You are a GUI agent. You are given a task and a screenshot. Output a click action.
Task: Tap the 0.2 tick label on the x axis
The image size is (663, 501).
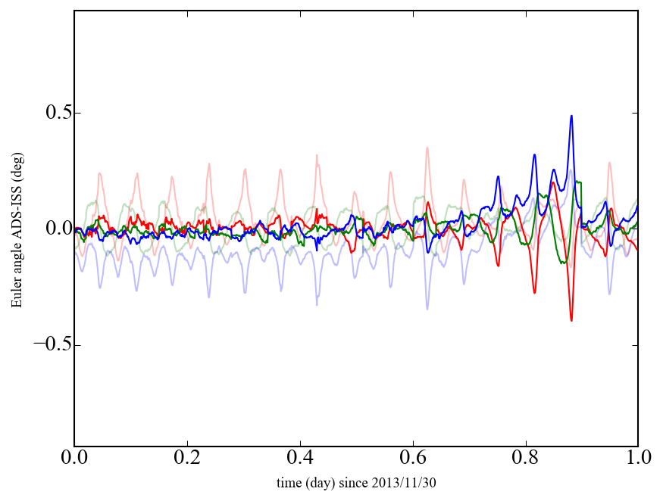[187, 459]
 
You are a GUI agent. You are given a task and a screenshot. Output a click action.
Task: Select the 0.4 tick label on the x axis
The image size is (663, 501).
[300, 459]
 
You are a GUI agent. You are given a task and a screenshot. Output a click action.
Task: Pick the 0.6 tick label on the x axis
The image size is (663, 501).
[413, 459]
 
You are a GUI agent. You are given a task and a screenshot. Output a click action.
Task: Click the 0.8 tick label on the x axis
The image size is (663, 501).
[526, 459]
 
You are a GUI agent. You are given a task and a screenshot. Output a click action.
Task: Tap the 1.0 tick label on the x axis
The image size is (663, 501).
[637, 459]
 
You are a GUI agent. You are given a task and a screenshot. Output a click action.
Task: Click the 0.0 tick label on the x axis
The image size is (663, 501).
[74, 459]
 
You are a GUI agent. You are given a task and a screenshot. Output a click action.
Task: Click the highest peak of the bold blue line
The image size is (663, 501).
[571, 116]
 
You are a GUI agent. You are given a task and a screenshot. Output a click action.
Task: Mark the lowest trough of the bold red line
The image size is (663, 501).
[571, 321]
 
